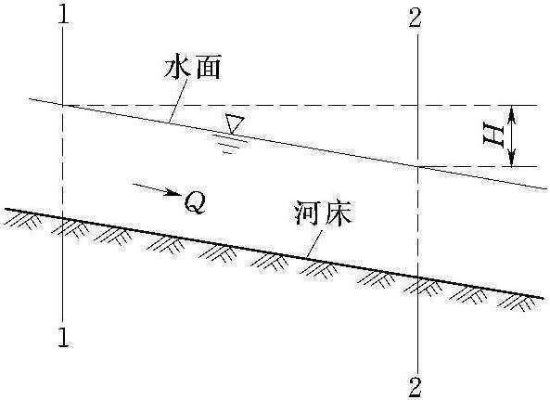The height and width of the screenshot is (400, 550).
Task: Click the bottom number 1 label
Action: [x=63, y=337]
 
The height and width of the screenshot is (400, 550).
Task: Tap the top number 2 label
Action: [x=415, y=18]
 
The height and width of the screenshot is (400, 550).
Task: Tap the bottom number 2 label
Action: [x=415, y=388]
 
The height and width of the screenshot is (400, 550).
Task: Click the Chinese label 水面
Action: [x=192, y=68]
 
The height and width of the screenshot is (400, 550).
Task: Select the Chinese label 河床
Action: [x=323, y=213]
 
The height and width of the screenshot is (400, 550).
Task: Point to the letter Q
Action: [x=195, y=202]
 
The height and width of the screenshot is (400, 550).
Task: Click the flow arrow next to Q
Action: [x=157, y=189]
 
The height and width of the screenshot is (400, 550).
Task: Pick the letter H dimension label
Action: [x=492, y=134]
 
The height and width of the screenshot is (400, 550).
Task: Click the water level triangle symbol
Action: [x=234, y=123]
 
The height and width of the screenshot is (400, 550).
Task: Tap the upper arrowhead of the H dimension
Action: [x=512, y=114]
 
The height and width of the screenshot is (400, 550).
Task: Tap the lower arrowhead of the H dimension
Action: [x=512, y=157]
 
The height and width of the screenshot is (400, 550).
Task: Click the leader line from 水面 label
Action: [x=178, y=101]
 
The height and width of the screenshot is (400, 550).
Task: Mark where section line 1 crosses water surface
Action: [x=63, y=105]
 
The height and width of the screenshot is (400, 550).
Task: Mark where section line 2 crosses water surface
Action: [x=417, y=166]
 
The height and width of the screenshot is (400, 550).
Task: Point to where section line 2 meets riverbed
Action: [x=417, y=277]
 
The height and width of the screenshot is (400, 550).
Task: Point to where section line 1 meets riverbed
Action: [x=63, y=219]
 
